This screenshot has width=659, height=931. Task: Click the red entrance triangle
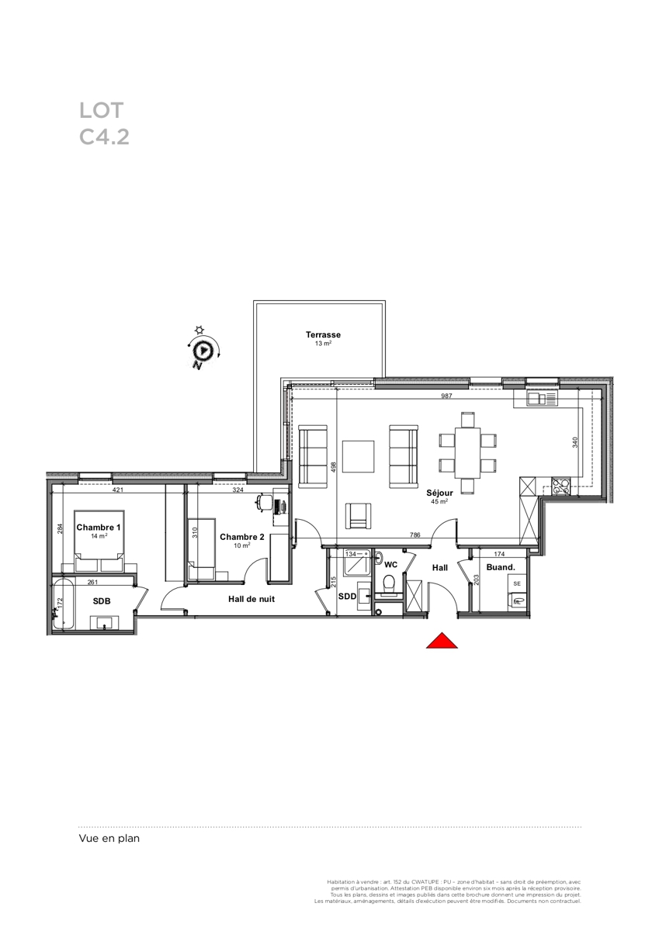click(x=442, y=641)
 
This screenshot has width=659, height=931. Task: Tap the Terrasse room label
click(x=323, y=334)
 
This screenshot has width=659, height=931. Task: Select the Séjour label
click(x=439, y=493)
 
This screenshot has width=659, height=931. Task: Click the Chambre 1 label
click(x=99, y=528)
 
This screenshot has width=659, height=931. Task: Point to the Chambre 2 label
click(x=242, y=537)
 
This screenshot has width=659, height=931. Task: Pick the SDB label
click(x=102, y=601)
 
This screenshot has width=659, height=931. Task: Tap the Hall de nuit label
click(x=251, y=599)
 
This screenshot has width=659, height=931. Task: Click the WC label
click(x=391, y=565)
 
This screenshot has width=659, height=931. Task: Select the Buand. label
click(x=501, y=567)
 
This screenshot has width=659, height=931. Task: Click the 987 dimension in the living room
click(x=446, y=396)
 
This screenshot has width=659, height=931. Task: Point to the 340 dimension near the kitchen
click(x=575, y=441)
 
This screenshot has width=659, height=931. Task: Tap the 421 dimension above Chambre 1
click(x=118, y=490)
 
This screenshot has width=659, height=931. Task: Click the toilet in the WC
click(x=390, y=584)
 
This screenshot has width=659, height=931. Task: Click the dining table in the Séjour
click(x=468, y=452)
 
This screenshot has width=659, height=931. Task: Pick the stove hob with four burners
click(x=561, y=486)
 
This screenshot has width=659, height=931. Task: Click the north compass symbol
click(x=203, y=351)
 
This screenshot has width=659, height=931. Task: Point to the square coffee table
click(x=358, y=456)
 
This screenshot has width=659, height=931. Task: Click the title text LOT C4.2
click(x=104, y=123)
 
